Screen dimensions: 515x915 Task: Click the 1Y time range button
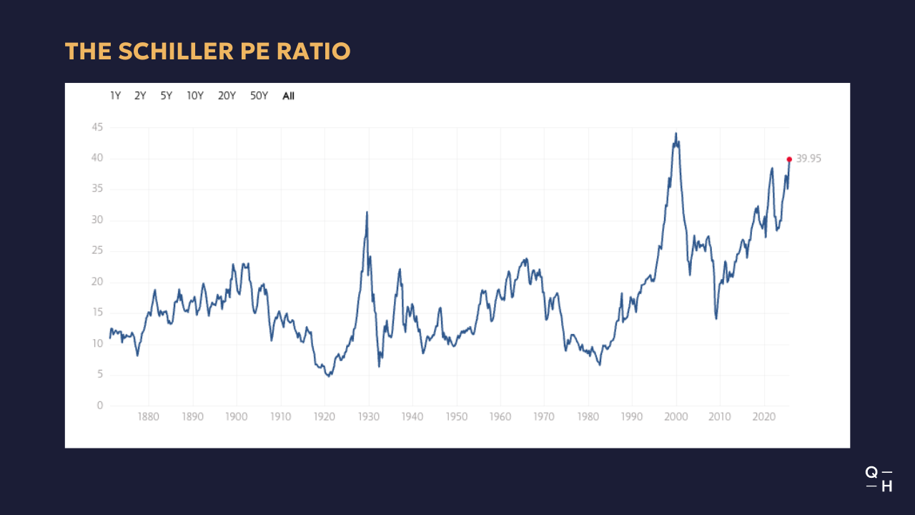click(x=115, y=96)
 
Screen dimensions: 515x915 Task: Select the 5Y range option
click(x=166, y=96)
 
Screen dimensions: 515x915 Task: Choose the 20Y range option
click(x=227, y=96)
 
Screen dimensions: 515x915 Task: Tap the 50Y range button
click(x=259, y=96)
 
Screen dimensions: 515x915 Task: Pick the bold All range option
click(x=288, y=96)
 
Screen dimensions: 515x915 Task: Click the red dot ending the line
click(x=789, y=160)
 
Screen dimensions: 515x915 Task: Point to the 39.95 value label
click(x=808, y=159)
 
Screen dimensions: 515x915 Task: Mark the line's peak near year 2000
click(x=676, y=133)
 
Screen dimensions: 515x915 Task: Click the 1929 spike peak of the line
click(x=367, y=212)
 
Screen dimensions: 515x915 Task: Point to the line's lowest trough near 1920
click(x=328, y=376)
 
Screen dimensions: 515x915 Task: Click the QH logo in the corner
click(x=879, y=479)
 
